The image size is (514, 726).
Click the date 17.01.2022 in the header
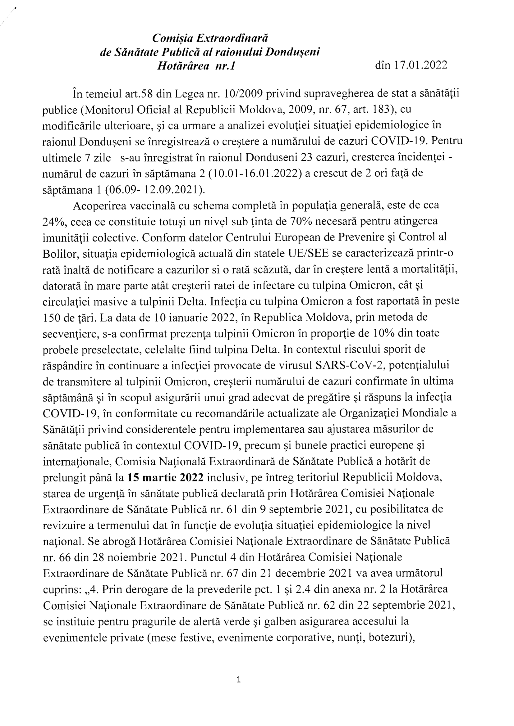(x=420, y=65)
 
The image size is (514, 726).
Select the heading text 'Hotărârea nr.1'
(x=196, y=65)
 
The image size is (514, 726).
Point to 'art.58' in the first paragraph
(x=144, y=94)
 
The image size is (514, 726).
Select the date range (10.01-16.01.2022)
(x=256, y=173)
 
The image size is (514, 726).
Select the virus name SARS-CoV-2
(x=349, y=366)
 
